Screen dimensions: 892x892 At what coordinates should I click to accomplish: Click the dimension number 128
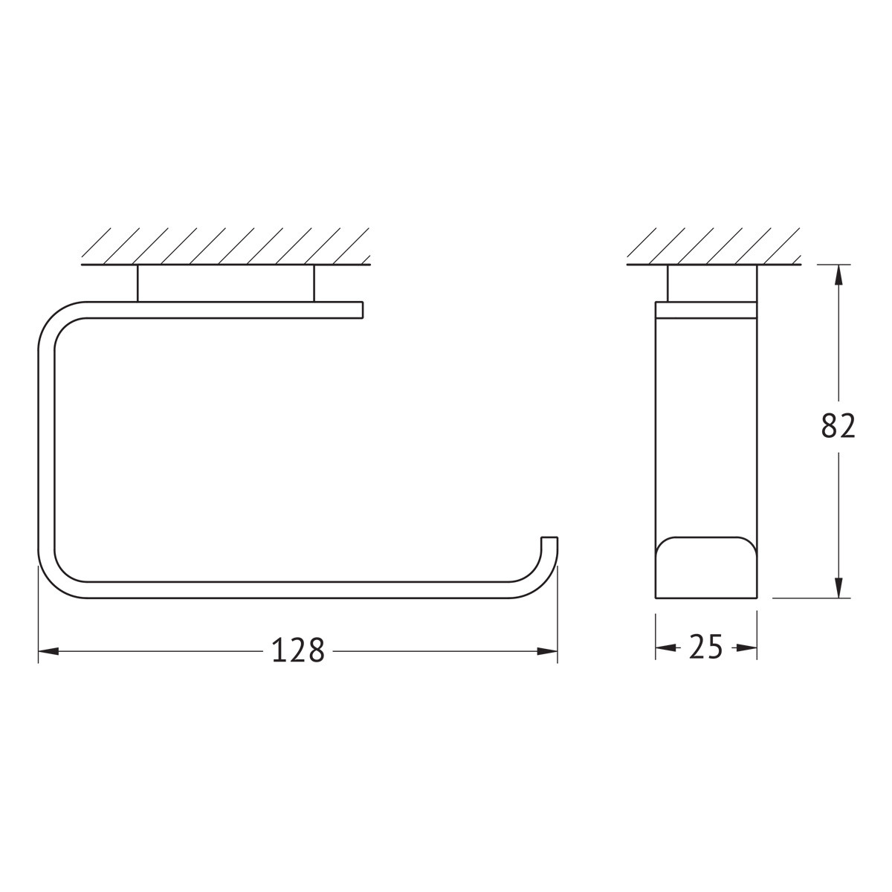pos(299,650)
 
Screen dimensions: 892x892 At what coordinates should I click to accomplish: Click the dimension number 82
pos(838,426)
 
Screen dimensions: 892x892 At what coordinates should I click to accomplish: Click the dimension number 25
pos(705,647)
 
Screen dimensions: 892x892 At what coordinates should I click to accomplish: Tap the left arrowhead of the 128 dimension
pos(48,651)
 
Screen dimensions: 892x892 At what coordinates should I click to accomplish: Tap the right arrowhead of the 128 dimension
pos(546,651)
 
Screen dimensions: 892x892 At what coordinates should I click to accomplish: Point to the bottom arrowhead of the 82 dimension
pos(838,587)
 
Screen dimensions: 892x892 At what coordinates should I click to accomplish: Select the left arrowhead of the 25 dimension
pos(665,648)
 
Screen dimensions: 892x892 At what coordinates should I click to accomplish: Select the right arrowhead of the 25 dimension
pos(746,648)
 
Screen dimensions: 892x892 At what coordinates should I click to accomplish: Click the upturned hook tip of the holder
pos(549,538)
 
